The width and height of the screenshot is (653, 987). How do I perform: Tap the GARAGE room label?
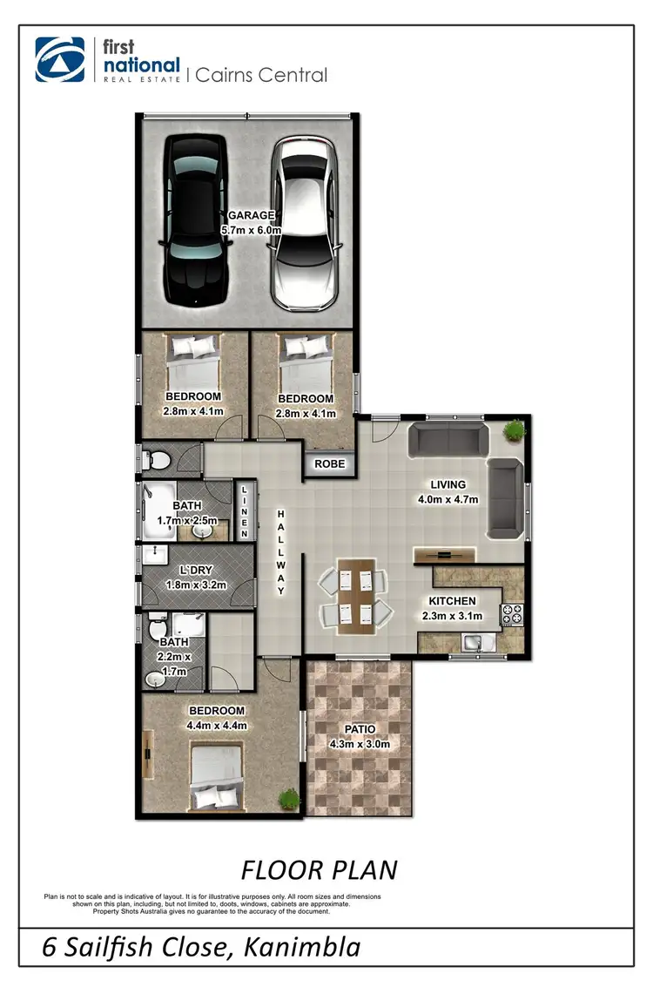point(251,215)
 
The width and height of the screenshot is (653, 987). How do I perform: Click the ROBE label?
point(330,464)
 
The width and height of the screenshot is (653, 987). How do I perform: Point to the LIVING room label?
point(448,484)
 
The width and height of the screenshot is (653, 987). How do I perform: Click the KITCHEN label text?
point(452,601)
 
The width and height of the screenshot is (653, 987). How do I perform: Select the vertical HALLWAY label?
point(281,553)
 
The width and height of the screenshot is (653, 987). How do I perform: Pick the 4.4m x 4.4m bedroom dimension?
point(216,725)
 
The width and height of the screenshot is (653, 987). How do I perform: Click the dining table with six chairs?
point(353,598)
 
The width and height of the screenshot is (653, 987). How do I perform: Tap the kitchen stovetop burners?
point(510,614)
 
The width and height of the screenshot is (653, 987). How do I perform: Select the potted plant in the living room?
point(515,429)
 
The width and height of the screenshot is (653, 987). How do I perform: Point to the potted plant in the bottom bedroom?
point(288,796)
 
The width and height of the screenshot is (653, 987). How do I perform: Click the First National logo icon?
point(60,60)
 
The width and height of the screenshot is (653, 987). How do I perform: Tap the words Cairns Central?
point(261,75)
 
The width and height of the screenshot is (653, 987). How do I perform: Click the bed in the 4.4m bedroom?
point(213,777)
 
